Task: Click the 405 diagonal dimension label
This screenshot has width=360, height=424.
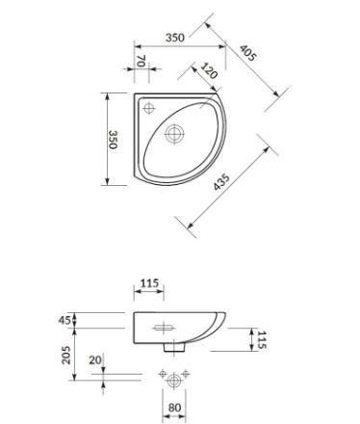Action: click(247, 53)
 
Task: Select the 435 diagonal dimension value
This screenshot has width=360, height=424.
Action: click(221, 182)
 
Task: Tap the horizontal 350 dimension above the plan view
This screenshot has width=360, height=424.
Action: click(175, 38)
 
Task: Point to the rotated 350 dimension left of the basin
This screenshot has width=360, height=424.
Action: click(113, 139)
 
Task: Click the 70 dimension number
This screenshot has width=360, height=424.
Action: click(141, 61)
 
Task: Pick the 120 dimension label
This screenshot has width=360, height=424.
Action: click(209, 70)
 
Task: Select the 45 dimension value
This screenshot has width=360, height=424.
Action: click(64, 320)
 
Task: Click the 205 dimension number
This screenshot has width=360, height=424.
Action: click(66, 355)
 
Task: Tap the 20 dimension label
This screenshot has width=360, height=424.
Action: click(95, 360)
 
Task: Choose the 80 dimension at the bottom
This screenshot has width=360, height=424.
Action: click(174, 408)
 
